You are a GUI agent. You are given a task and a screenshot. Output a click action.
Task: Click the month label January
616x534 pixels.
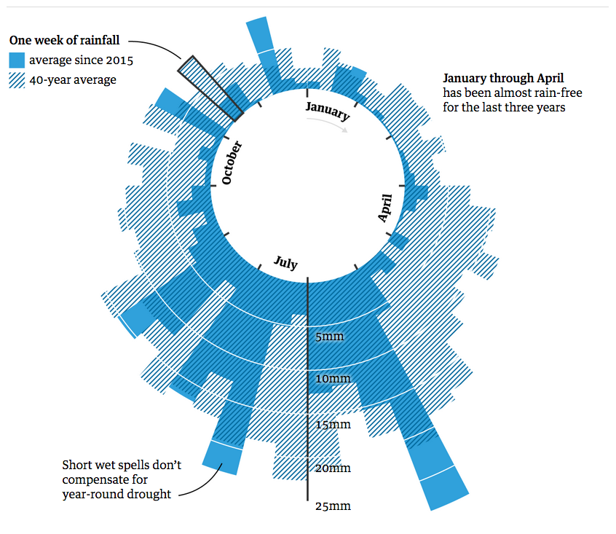click(328, 111)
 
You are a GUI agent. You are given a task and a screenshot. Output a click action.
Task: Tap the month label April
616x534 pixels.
click(385, 208)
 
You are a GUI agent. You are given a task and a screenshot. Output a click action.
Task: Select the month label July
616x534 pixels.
click(285, 262)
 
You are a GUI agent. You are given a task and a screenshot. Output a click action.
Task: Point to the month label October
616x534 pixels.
click(232, 162)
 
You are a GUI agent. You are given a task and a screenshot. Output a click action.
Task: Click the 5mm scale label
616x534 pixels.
click(329, 337)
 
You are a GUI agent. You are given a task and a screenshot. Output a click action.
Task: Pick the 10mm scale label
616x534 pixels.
click(333, 379)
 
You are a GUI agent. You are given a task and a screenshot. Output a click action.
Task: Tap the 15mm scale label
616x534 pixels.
click(333, 424)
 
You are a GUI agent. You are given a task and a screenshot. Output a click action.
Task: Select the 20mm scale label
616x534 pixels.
click(333, 468)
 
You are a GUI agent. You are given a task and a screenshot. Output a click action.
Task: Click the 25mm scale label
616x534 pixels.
click(333, 506)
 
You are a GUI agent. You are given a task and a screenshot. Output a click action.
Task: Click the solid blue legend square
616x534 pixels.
click(17, 60)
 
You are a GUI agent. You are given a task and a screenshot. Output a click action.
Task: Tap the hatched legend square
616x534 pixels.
click(17, 80)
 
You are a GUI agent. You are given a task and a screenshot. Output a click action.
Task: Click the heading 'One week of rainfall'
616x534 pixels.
click(64, 41)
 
